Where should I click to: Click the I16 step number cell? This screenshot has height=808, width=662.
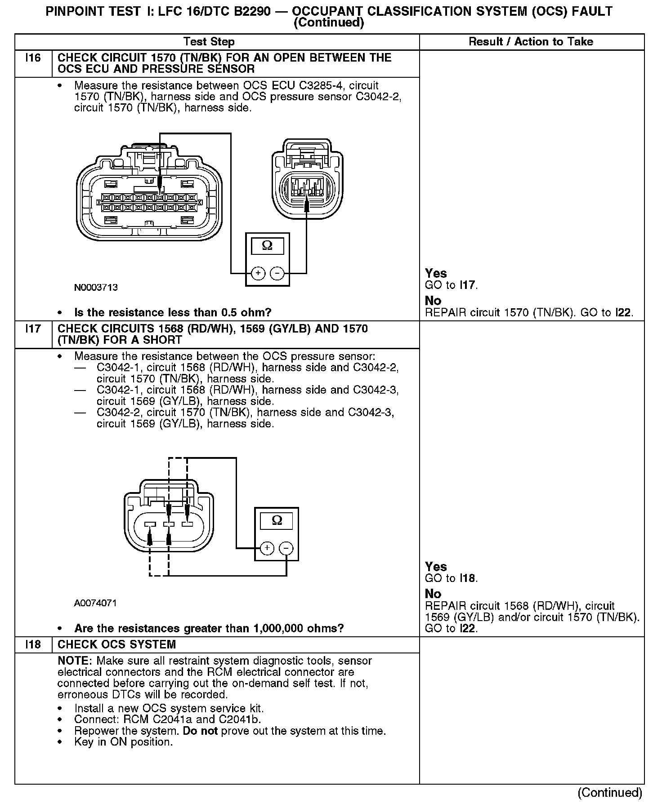point(33,58)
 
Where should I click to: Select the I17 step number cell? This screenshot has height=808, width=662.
point(33,329)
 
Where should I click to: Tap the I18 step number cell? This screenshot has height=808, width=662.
point(33,644)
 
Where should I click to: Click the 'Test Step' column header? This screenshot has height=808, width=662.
point(209,42)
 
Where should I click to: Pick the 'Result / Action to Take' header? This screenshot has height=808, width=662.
point(531,42)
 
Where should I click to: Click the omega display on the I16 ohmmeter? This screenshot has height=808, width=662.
point(267,246)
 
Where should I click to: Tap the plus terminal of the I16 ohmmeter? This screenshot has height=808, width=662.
point(258,273)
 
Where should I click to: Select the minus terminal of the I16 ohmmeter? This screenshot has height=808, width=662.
point(277,273)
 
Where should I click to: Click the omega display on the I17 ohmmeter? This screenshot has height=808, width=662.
point(277,521)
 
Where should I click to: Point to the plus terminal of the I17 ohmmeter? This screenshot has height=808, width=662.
point(267,548)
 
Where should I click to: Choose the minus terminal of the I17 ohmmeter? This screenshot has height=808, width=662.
point(286,548)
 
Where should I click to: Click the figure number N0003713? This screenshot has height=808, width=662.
point(96,288)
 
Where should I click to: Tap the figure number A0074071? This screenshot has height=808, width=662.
point(95,603)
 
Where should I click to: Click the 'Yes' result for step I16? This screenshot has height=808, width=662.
point(436,273)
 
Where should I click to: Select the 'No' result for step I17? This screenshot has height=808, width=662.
point(433,594)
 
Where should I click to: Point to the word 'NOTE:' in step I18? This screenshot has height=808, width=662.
point(75,661)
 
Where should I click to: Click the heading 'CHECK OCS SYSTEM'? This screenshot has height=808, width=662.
point(116,644)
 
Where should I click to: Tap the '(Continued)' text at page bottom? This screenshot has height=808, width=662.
point(609,793)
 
